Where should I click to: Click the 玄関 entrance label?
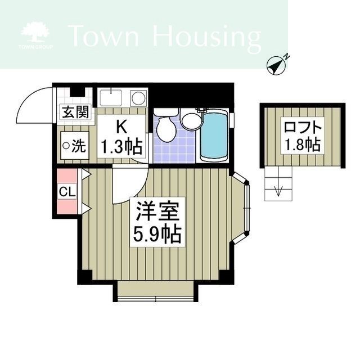pos(75,112)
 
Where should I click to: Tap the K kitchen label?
pos(121,127)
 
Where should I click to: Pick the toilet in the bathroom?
pos(166,129)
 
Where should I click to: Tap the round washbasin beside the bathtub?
pos(191,120)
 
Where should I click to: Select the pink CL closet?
pos(66,192)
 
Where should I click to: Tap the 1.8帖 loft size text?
pos(303,145)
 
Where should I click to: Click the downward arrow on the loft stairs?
pos(277,190)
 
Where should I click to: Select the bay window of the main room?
pos(243,208)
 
